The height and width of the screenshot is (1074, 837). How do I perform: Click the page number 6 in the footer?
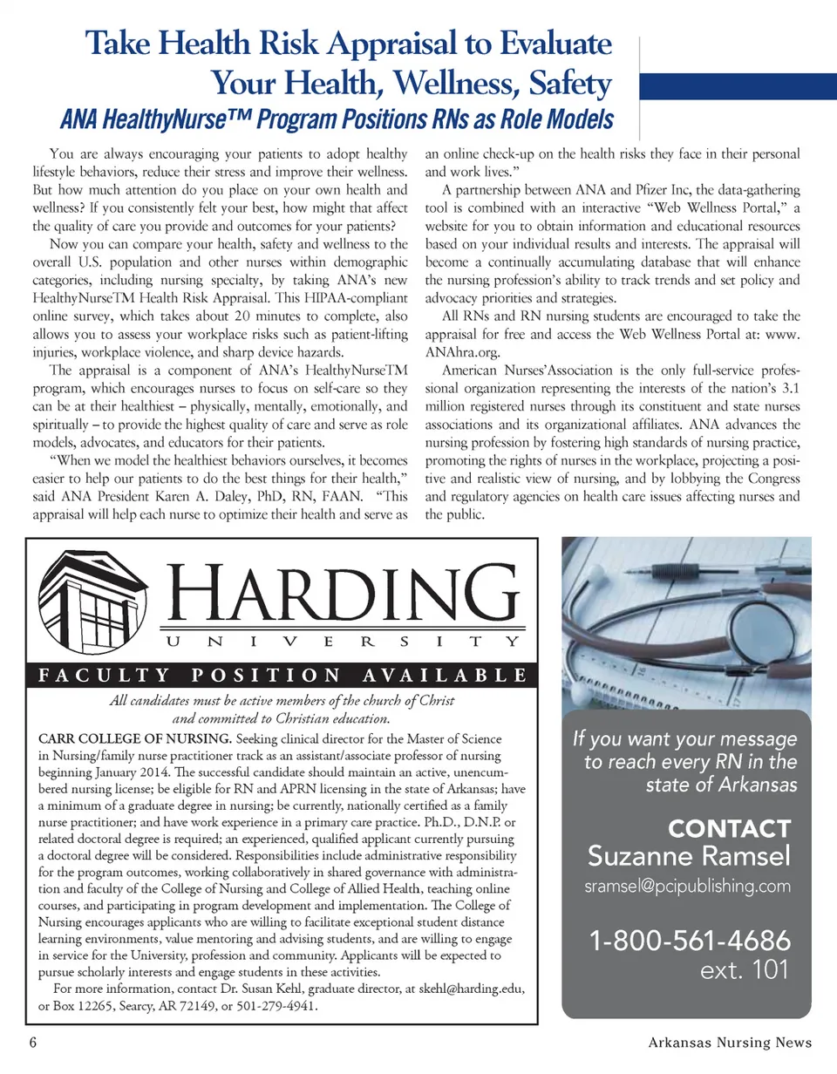point(32,1043)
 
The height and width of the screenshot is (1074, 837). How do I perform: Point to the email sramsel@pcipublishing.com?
point(689,887)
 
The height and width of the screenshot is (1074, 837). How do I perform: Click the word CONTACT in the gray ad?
point(728,827)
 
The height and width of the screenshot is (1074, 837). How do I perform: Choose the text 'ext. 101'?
point(745,969)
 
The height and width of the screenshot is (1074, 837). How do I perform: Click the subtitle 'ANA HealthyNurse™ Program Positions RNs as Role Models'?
point(335,119)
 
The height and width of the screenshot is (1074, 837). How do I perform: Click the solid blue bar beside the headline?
point(738,87)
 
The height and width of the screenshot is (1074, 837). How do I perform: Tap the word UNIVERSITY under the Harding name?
point(340,641)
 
